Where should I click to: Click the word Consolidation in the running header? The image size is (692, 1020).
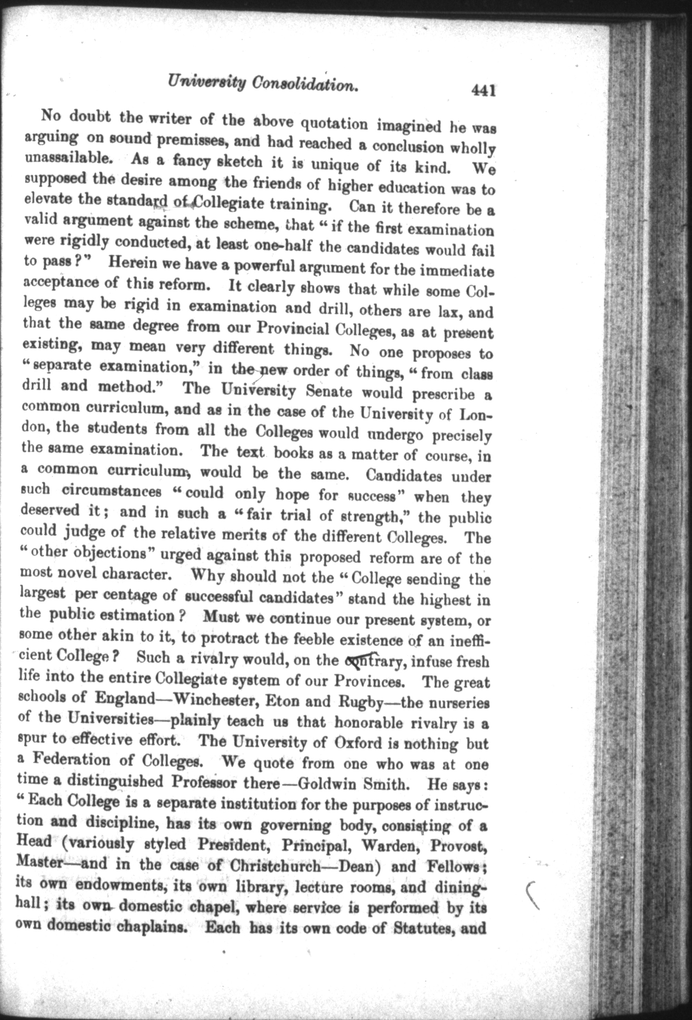click(x=305, y=85)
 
